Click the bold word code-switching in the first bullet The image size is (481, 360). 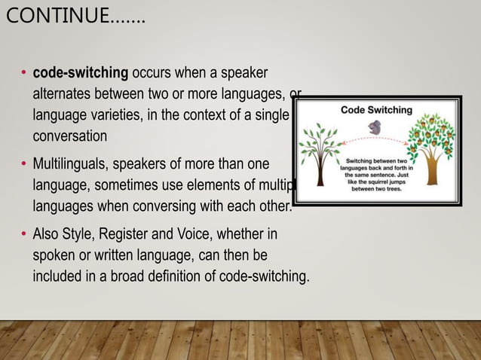(81, 74)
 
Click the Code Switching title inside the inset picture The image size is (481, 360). (376, 109)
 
